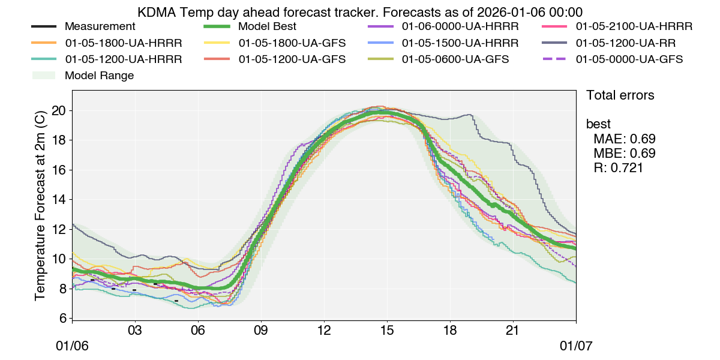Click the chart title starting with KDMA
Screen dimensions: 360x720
pyautogui.click(x=360, y=12)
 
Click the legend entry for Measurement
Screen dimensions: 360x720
pyautogui.click(x=100, y=27)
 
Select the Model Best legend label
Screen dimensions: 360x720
pyautogui.click(x=267, y=27)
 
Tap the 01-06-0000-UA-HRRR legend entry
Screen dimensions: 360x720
pyautogui.click(x=460, y=27)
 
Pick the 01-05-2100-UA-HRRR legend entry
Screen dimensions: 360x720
pyautogui.click(x=634, y=27)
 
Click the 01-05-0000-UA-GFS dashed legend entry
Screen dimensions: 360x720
pyautogui.click(x=629, y=59)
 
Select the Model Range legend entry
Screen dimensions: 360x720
pyautogui.click(x=99, y=76)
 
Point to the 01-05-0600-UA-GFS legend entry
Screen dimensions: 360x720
pyautogui.click(x=455, y=59)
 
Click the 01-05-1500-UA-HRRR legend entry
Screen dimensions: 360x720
pyautogui.click(x=460, y=43)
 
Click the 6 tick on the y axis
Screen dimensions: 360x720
pyautogui.click(x=62, y=319)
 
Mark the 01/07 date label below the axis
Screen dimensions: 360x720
pyautogui.click(x=576, y=347)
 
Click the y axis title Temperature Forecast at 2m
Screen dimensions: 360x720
pyautogui.click(x=41, y=205)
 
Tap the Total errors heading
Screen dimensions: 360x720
pyautogui.click(x=620, y=95)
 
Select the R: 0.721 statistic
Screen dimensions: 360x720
pyautogui.click(x=618, y=168)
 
